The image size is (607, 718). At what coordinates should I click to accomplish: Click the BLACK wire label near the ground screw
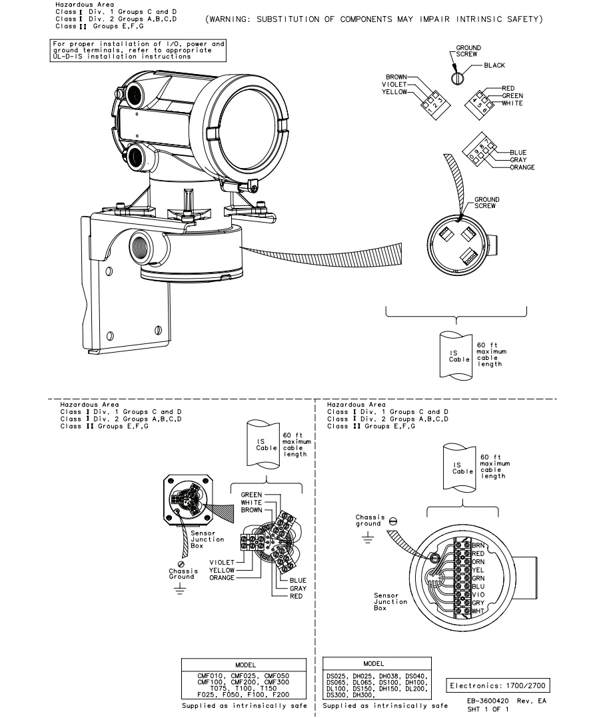pyautogui.click(x=494, y=65)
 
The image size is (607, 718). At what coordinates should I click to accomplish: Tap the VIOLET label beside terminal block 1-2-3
pyautogui.click(x=394, y=84)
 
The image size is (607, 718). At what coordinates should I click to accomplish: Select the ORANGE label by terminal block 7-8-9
pyautogui.click(x=522, y=167)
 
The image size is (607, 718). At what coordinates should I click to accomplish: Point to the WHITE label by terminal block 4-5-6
pyautogui.click(x=512, y=103)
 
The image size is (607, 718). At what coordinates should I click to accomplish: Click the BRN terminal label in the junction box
pyautogui.click(x=478, y=545)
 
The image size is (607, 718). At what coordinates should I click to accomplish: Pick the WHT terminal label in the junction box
pyautogui.click(x=478, y=611)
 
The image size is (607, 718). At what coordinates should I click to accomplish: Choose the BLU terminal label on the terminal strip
pyautogui.click(x=478, y=586)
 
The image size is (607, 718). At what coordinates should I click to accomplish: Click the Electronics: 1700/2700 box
pyautogui.click(x=498, y=685)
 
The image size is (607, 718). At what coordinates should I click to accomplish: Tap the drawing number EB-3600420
pyautogui.click(x=488, y=701)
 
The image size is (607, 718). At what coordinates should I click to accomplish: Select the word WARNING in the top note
pyautogui.click(x=227, y=19)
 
